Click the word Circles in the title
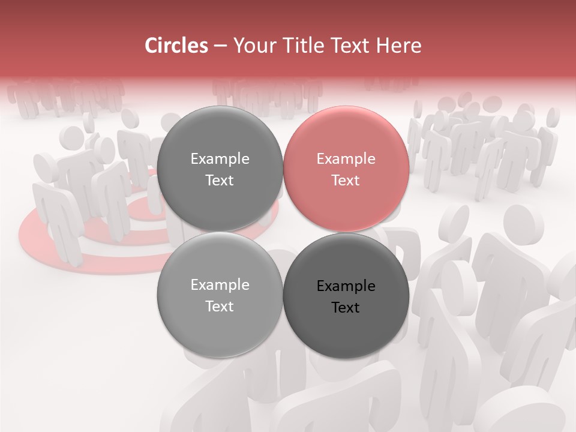click(x=176, y=46)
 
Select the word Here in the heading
click(x=399, y=46)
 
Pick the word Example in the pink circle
click(x=346, y=159)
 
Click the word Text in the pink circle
click(x=346, y=181)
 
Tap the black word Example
click(x=346, y=286)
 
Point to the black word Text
click(x=346, y=308)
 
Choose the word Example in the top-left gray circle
click(x=220, y=159)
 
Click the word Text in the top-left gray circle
click(x=220, y=181)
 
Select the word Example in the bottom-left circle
click(x=220, y=285)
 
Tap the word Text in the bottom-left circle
click(x=220, y=307)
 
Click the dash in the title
click(x=220, y=46)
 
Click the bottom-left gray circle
click(x=220, y=330)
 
